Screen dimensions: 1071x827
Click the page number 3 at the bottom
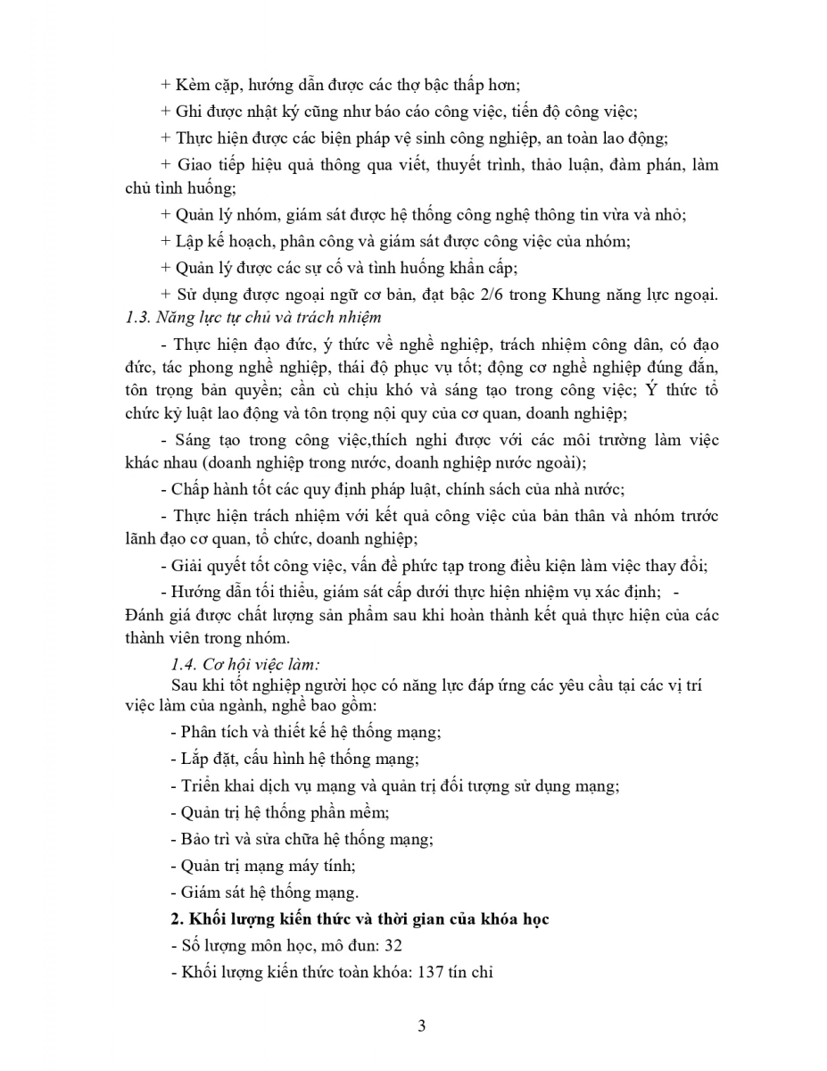(421, 1025)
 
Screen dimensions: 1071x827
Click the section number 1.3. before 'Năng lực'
(137, 317)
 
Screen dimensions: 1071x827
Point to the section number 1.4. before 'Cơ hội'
(185, 662)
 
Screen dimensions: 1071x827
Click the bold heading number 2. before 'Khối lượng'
(176, 919)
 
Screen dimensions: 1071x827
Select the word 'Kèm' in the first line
(191, 86)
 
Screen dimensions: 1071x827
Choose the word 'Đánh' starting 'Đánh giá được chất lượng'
(145, 616)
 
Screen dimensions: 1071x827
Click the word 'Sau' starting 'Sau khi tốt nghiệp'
(183, 685)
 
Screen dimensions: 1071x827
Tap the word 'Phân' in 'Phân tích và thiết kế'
(198, 732)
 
